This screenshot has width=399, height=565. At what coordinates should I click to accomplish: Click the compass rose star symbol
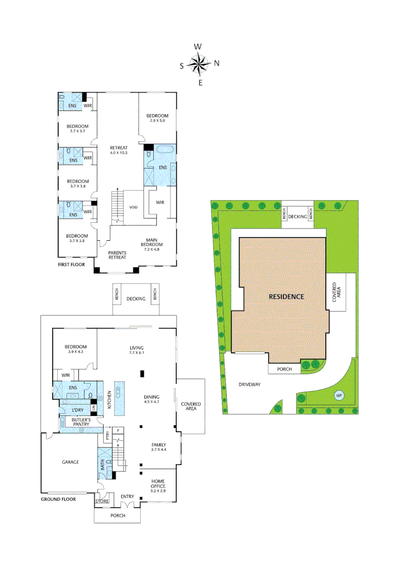(199, 64)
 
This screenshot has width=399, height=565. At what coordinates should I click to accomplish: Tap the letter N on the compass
(216, 63)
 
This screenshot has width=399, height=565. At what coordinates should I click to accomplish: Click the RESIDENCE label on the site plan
(286, 296)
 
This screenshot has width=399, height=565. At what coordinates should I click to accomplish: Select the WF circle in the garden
(339, 395)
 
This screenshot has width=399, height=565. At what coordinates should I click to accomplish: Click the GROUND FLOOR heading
(58, 499)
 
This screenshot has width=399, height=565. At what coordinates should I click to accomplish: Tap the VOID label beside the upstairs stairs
(133, 207)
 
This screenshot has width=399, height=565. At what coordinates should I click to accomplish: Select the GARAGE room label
(70, 462)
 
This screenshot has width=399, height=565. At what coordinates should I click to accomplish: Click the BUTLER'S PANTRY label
(82, 423)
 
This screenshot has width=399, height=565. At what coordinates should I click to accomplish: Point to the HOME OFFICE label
(158, 483)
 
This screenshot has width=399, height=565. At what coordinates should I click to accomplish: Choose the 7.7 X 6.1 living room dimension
(136, 354)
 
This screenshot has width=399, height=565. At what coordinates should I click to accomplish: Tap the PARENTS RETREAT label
(118, 254)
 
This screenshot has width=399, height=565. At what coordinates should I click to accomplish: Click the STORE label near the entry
(102, 502)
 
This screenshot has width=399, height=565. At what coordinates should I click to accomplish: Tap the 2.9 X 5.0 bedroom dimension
(157, 121)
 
